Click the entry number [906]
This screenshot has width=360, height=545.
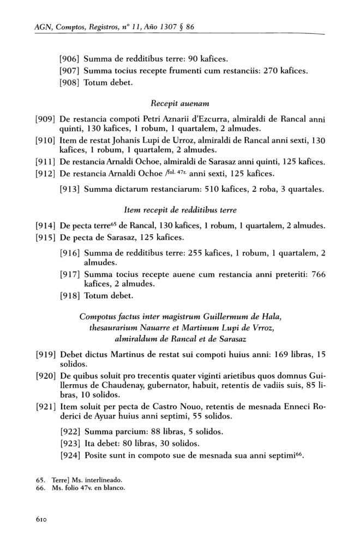(70, 58)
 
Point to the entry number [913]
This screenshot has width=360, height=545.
(70, 190)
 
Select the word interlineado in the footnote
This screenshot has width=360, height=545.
(101, 480)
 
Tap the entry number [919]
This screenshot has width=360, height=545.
(45, 354)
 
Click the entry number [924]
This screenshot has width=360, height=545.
(70, 457)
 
